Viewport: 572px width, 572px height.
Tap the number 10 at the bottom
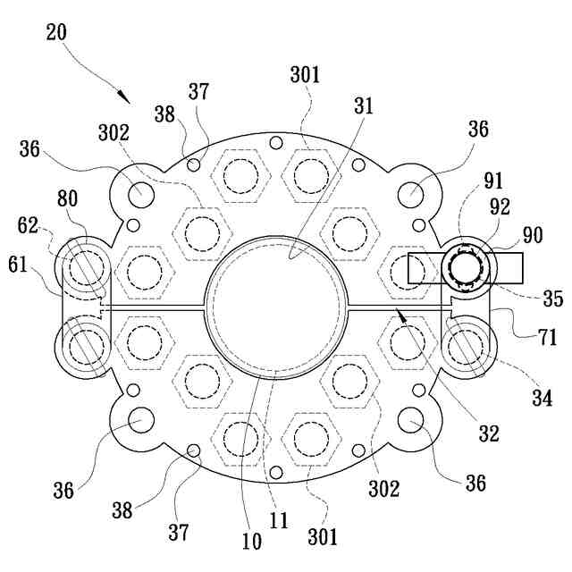[x=251, y=541]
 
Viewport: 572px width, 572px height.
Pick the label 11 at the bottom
[x=279, y=521]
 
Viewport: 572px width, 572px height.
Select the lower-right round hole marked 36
[x=411, y=419]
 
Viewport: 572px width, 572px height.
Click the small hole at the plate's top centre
[x=275, y=143]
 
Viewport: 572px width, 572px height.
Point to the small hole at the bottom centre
[x=275, y=472]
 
